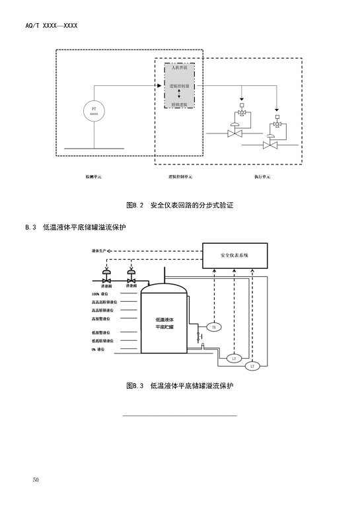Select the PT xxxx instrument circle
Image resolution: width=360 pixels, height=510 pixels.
coord(94,111)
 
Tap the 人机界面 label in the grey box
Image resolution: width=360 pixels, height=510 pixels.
coord(179,68)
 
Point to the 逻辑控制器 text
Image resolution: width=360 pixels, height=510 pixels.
coord(179,86)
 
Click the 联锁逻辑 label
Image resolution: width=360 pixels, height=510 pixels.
coord(179,104)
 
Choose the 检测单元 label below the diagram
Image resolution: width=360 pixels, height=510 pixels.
coord(93,177)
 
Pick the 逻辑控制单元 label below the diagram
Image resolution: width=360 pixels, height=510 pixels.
coord(180,177)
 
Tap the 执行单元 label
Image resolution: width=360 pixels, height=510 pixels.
coord(262,177)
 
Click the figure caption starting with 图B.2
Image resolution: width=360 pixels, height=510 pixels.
coord(180,205)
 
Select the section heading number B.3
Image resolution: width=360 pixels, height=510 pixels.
coord(30,227)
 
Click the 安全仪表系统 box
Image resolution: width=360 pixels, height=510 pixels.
coord(234,255)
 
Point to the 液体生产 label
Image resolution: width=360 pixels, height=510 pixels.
coord(101,251)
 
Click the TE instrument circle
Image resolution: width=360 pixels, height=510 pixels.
coord(213,326)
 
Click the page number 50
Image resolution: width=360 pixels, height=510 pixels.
coord(36,480)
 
